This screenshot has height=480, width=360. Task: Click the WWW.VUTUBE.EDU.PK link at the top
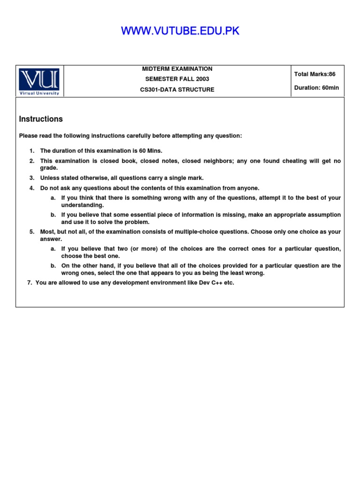(x=180, y=31)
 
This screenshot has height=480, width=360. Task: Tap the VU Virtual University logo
(x=39, y=82)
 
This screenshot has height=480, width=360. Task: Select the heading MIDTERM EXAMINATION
(x=177, y=69)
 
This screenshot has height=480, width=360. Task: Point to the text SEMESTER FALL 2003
(x=177, y=79)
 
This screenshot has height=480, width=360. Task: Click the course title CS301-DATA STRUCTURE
(x=177, y=90)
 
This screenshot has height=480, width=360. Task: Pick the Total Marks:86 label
(x=315, y=74)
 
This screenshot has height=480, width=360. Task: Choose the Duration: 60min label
(x=316, y=88)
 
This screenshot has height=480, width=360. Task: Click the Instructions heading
(x=41, y=119)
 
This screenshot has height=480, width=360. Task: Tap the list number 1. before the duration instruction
(x=32, y=151)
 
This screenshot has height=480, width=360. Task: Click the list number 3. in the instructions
(x=32, y=178)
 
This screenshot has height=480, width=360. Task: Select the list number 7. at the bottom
(x=30, y=283)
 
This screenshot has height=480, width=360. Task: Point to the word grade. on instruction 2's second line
(x=49, y=168)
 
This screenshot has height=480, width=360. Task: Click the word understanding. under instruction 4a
(x=82, y=205)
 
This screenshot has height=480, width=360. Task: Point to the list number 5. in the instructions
(x=32, y=232)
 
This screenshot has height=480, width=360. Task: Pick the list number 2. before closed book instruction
(x=32, y=161)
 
